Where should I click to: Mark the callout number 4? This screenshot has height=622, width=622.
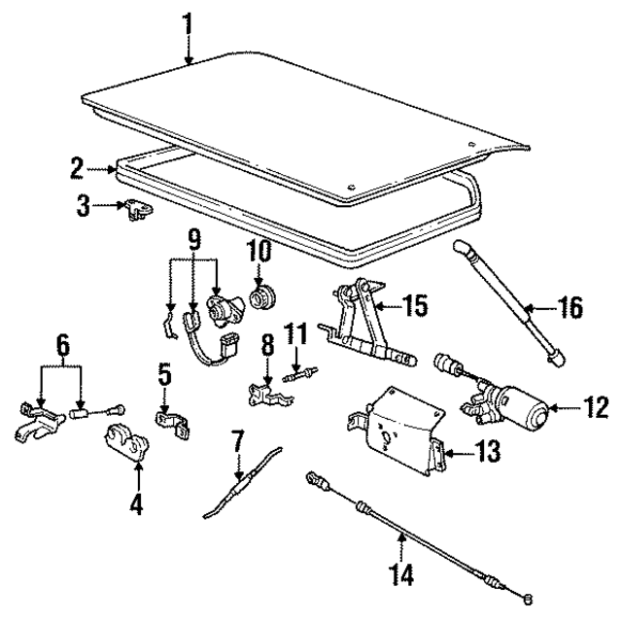[137, 505]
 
